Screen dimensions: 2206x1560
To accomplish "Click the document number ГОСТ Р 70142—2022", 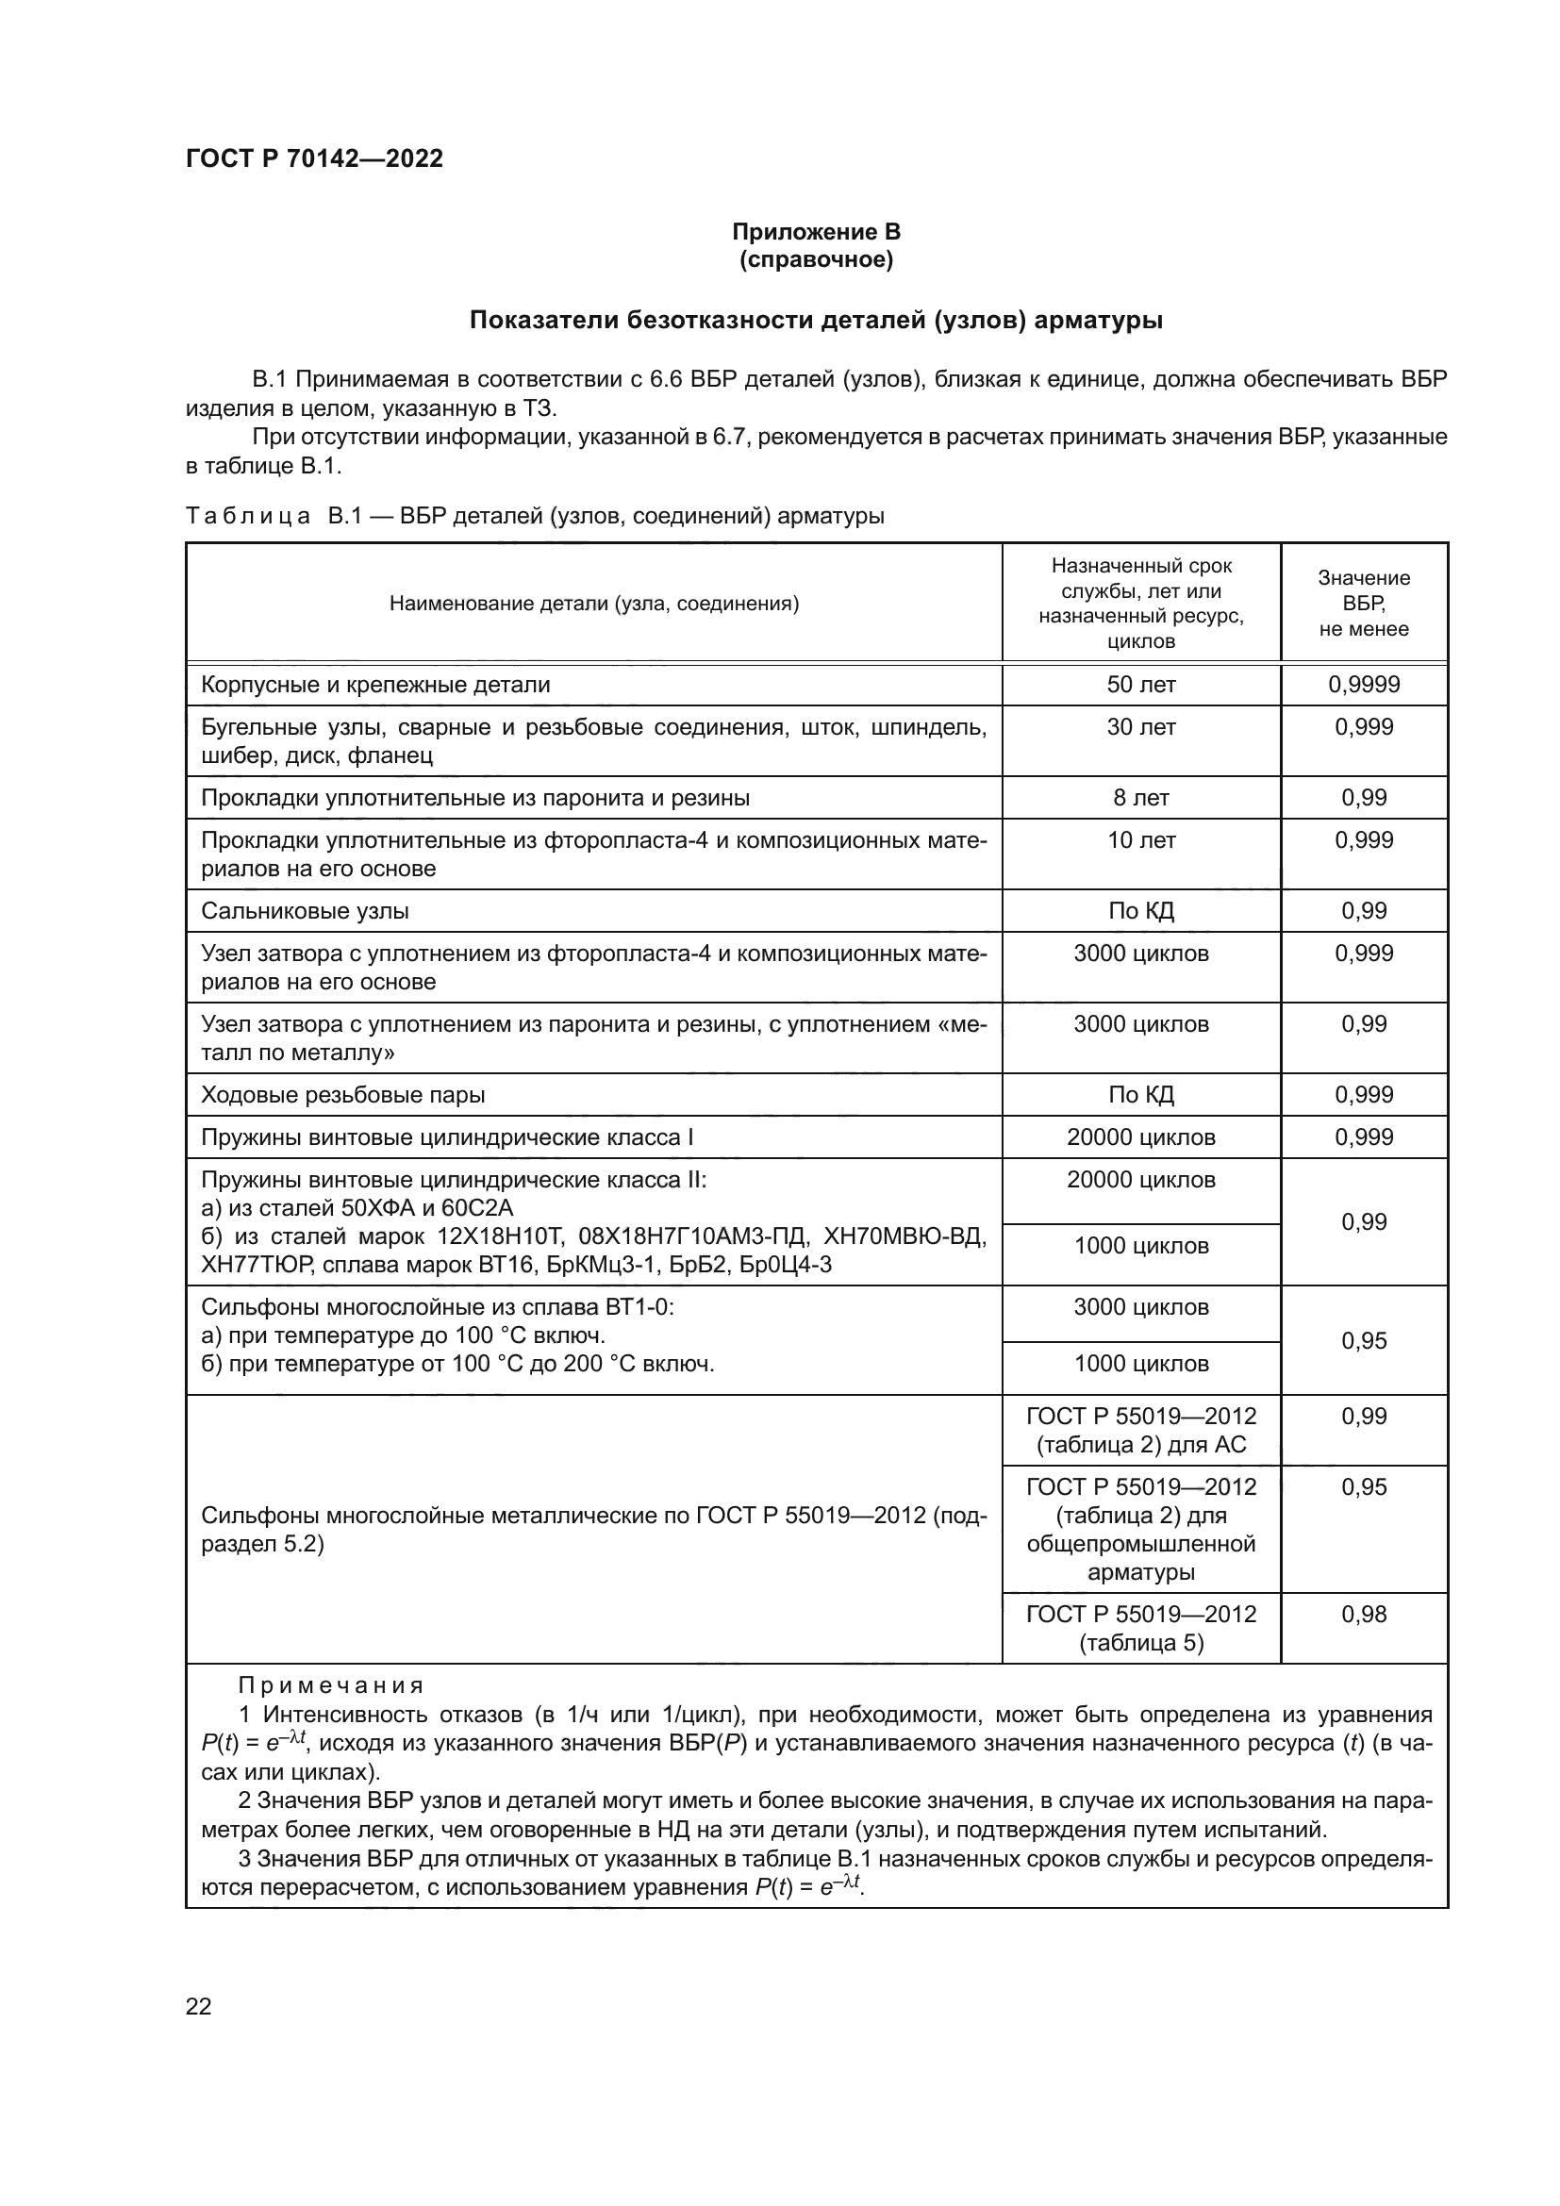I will (x=314, y=158).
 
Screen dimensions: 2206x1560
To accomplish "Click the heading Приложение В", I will (x=816, y=232).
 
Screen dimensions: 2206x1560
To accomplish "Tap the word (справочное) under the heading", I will (x=816, y=259).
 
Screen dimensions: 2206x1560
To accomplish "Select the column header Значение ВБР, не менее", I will (x=1363, y=604).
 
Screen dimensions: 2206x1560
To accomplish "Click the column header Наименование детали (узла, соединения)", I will (x=593, y=604).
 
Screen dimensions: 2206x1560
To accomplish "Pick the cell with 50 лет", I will (x=1140, y=685).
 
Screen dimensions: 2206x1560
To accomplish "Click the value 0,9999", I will (x=1363, y=685).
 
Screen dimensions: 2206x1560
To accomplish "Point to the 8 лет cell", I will (x=1140, y=798).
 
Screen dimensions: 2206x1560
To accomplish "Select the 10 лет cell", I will (x=1140, y=839).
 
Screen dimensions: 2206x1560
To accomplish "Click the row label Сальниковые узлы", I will (x=305, y=911).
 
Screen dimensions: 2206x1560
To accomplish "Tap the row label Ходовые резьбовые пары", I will (x=342, y=1095).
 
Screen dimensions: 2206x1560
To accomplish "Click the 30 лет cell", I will (x=1140, y=727).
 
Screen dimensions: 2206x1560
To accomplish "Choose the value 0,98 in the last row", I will (x=1363, y=1614).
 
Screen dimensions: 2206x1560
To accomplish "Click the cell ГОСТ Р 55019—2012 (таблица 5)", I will (x=1140, y=1628).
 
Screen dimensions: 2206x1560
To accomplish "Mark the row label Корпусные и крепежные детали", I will (x=374, y=685).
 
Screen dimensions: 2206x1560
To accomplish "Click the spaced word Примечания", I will (x=330, y=1685).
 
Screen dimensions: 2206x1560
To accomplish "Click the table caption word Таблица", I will (x=247, y=516).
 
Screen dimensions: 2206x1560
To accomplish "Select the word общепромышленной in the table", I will (x=1140, y=1544).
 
